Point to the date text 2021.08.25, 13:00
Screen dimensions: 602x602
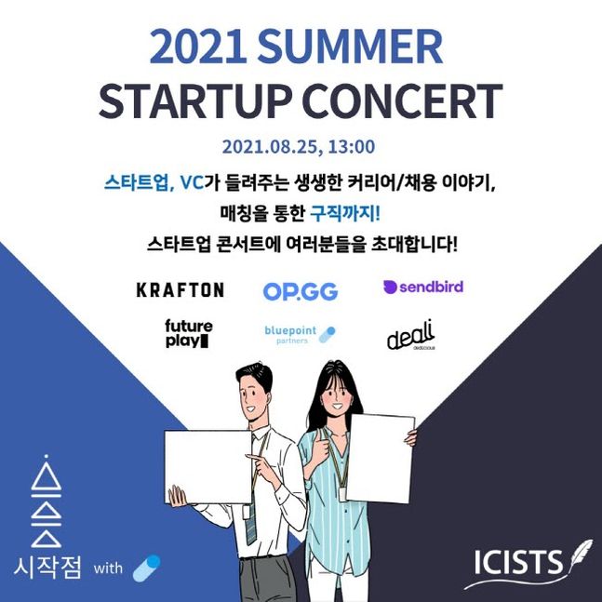299,146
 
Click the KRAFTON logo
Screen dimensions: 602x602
180,289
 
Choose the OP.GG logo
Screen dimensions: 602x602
300,291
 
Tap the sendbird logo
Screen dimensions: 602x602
422,287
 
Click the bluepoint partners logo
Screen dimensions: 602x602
299,334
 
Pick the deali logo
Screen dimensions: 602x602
412,336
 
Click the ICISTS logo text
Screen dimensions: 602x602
517,563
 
